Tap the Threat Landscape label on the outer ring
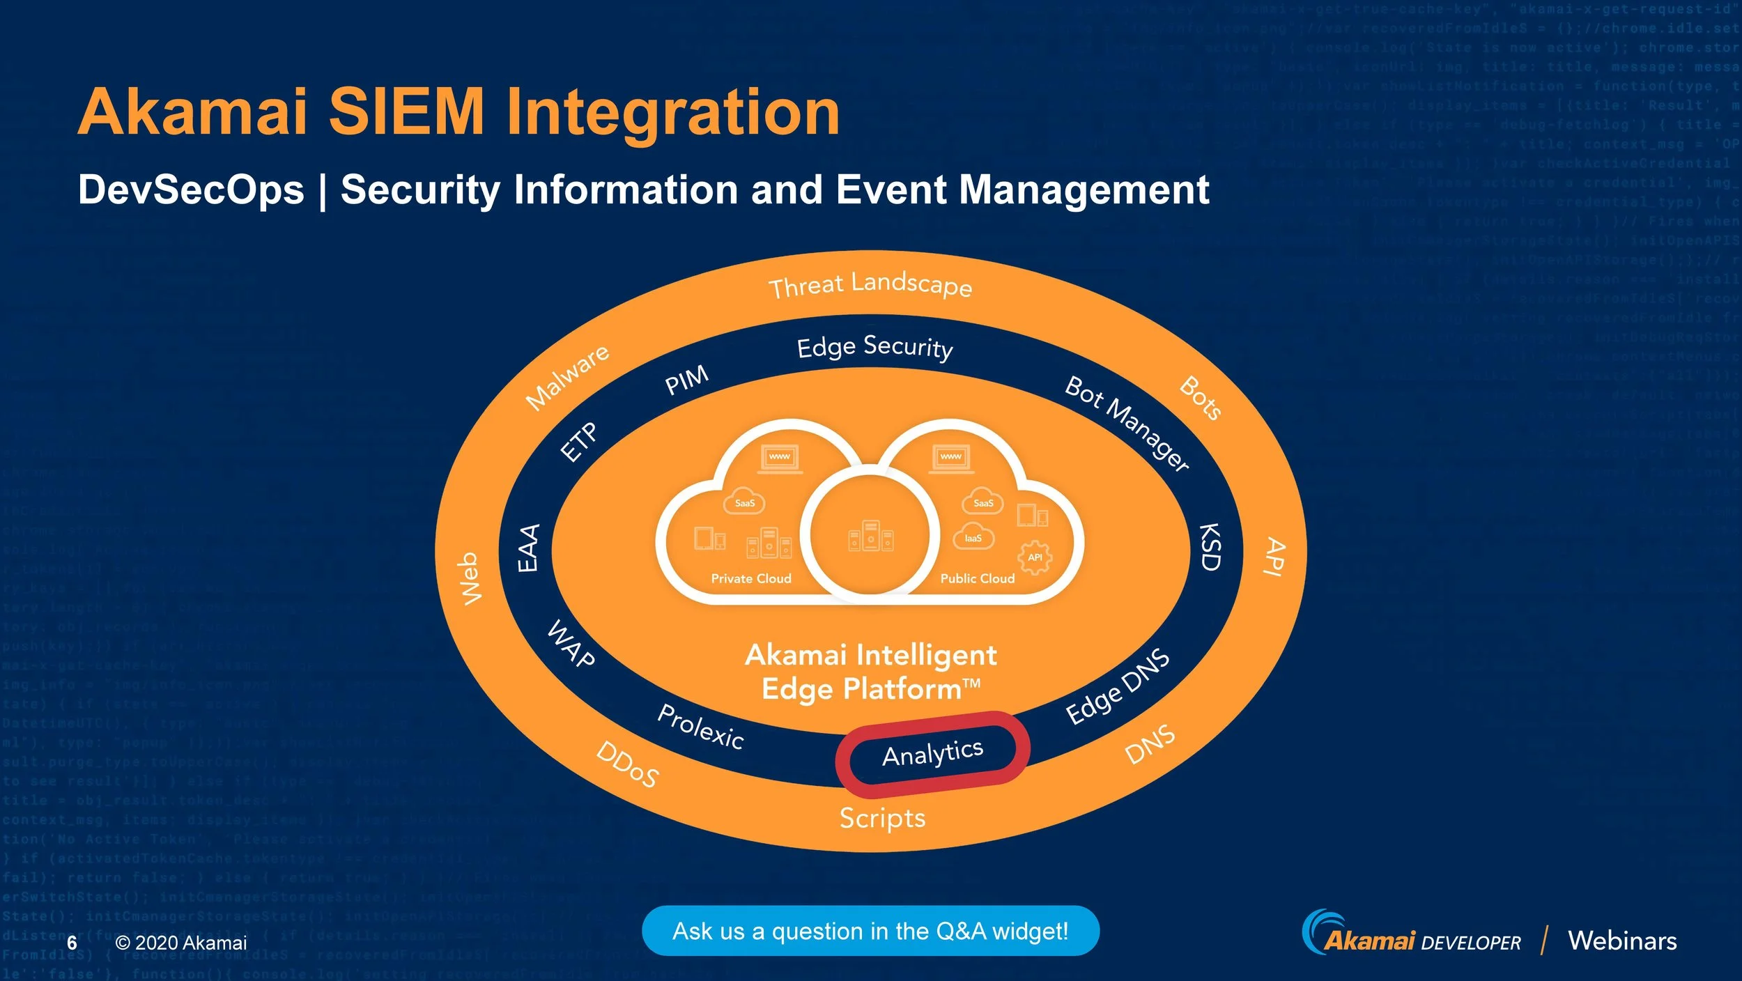pos(870,284)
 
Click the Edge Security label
pos(874,347)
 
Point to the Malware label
pos(567,377)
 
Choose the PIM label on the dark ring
pos(686,380)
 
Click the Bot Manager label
pos(1127,423)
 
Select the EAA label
pos(528,548)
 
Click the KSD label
pos(1210,547)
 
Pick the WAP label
pos(571,644)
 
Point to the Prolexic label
pos(701,726)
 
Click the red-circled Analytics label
pos(932,753)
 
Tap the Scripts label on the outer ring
pos(882,818)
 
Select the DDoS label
pos(627,764)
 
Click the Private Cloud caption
pos(751,578)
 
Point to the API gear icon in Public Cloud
pos(1035,557)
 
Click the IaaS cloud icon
pos(973,537)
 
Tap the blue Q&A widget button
pos(870,931)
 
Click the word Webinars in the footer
pos(1622,941)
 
